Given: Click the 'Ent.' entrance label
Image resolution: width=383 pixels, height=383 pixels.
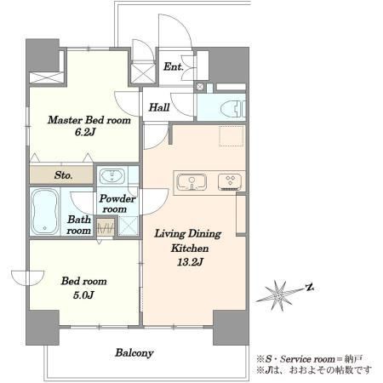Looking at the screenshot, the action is (174, 66).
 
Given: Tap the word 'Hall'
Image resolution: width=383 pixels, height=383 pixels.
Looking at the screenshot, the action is (159, 107).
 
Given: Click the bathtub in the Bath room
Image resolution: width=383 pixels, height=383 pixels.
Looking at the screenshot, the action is (45, 212).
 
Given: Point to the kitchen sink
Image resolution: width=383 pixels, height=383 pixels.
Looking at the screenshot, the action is (191, 182).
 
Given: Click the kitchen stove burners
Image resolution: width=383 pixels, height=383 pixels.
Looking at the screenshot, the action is (230, 182).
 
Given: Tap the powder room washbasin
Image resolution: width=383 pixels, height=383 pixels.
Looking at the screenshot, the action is (112, 176).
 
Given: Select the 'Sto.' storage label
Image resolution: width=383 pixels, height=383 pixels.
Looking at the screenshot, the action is (63, 175).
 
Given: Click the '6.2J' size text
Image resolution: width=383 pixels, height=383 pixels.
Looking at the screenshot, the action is (84, 132).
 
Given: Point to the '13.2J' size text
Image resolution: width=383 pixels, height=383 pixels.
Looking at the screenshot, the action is (190, 262).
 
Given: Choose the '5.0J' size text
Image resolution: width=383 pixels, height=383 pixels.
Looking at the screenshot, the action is (83, 295).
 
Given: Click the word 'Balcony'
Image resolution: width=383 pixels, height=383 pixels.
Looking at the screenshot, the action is (134, 353).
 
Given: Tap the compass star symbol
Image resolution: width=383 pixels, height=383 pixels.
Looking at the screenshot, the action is (279, 295).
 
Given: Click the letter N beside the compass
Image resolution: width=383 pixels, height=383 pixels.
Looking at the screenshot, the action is (310, 288).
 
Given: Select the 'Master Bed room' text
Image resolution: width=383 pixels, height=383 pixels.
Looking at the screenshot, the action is (89, 120).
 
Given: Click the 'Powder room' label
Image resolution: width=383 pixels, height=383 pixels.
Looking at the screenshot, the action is (117, 203).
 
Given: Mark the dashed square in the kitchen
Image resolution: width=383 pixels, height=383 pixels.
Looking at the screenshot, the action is (232, 136).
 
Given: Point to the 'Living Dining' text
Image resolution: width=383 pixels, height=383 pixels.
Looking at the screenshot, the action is (188, 234).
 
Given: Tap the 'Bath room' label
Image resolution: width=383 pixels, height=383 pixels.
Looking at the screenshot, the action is (79, 225).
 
